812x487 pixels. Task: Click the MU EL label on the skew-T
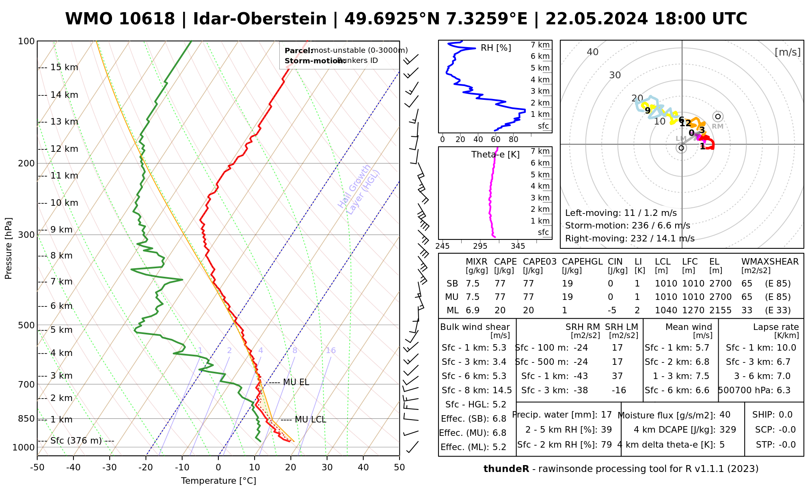click(x=296, y=382)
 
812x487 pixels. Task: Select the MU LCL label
click(x=310, y=420)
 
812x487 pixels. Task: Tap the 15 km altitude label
click(x=64, y=67)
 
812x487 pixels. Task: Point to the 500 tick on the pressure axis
click(x=27, y=325)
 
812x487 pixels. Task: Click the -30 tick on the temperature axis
click(x=110, y=468)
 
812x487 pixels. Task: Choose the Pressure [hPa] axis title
click(x=9, y=248)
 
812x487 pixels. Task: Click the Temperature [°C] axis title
click(x=218, y=481)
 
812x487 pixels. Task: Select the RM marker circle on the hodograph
click(x=718, y=117)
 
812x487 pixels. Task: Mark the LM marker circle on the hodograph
click(x=681, y=148)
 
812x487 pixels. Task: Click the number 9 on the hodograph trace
click(x=648, y=110)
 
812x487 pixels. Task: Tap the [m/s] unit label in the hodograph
click(x=788, y=52)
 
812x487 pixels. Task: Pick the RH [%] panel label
click(x=496, y=48)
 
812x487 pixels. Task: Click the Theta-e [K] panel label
click(x=495, y=155)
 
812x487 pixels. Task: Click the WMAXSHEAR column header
click(x=770, y=262)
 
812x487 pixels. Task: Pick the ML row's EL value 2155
click(x=720, y=310)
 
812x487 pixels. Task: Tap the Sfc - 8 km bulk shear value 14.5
click(x=501, y=390)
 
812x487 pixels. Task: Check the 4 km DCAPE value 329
click(x=728, y=430)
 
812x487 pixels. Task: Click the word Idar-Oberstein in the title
click(x=260, y=19)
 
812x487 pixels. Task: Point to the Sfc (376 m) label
click(x=76, y=441)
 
